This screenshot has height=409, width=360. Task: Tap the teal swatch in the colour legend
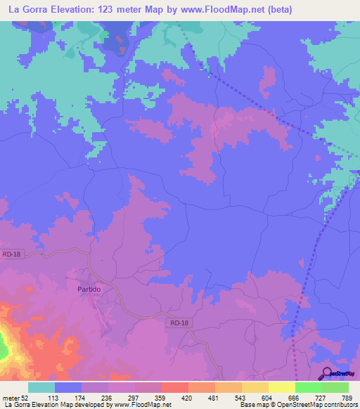click(x=41, y=387)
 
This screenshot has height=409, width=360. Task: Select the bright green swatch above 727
click(x=308, y=387)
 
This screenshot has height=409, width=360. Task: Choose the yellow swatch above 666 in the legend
click(x=281, y=387)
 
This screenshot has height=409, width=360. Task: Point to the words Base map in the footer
click(x=253, y=405)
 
